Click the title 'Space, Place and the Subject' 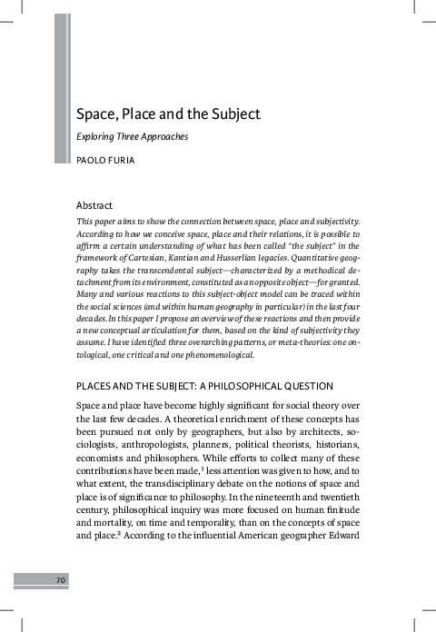click(x=168, y=115)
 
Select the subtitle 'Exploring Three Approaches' click(x=132, y=137)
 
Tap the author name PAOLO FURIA click(x=106, y=160)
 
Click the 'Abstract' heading click(x=97, y=205)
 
